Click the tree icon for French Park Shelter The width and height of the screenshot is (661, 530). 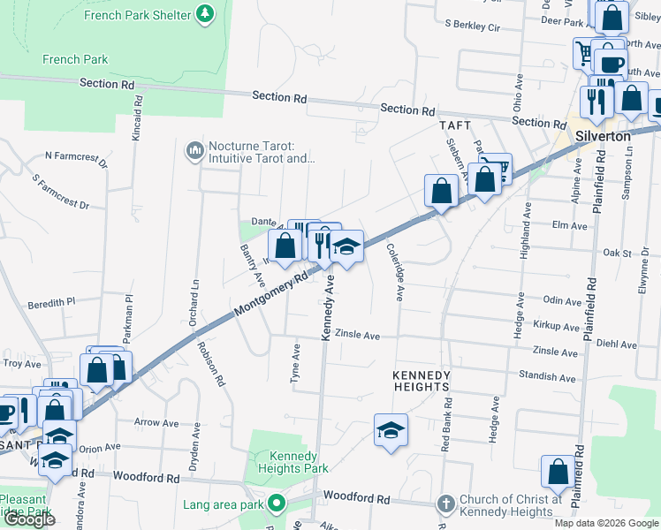205,14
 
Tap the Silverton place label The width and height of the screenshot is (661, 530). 603,137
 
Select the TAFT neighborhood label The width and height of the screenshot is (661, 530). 455,126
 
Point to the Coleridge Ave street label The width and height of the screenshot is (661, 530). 395,273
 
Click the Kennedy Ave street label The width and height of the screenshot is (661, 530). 328,308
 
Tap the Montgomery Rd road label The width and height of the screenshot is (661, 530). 275,295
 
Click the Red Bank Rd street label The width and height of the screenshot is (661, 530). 446,424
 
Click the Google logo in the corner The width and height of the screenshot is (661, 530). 28,519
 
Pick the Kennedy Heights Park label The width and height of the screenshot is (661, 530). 286,462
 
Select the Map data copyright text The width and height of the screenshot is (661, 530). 605,523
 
